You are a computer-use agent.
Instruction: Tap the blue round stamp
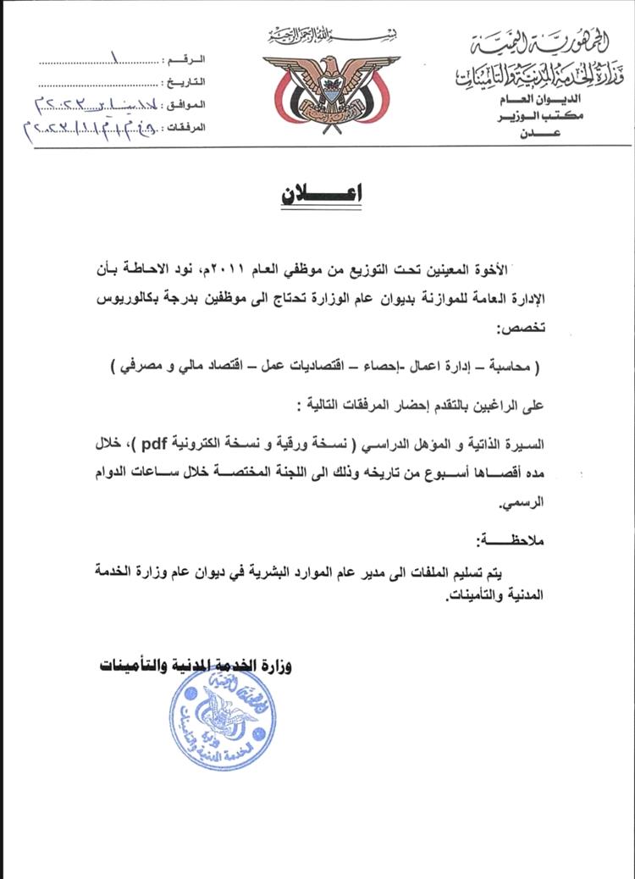[x=222, y=719]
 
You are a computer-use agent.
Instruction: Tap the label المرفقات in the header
[x=182, y=128]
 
